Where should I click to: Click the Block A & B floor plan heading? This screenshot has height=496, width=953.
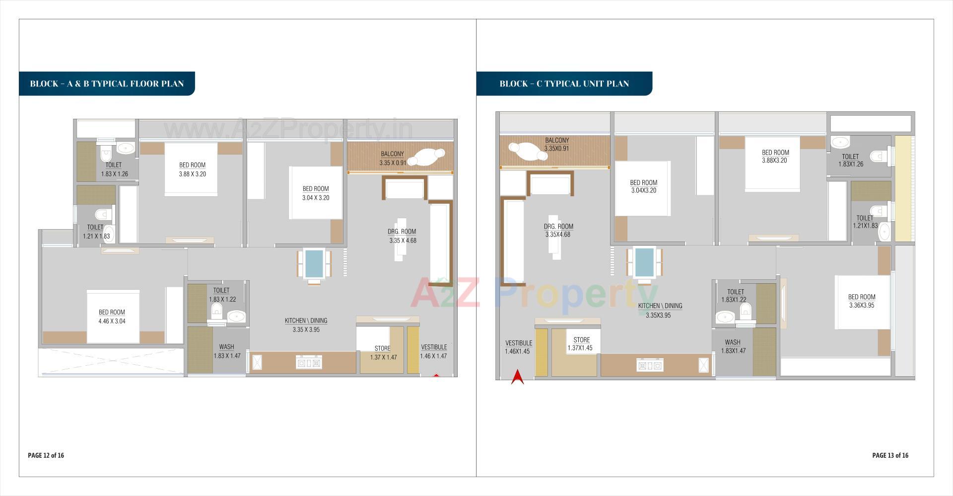point(107,83)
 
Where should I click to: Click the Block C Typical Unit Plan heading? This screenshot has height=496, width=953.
point(564,83)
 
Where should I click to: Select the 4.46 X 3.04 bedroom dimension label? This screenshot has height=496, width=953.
point(112,321)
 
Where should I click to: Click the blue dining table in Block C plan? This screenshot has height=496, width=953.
point(644,262)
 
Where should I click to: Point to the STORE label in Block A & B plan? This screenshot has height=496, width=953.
point(382,348)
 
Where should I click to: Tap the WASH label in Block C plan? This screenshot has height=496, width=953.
point(732,342)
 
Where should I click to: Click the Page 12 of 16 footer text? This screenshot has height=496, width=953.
point(46,455)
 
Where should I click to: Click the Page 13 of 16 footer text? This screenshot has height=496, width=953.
point(890,455)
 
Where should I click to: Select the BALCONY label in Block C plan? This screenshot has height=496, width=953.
point(557,141)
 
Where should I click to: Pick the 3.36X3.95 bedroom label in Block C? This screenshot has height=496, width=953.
point(862,305)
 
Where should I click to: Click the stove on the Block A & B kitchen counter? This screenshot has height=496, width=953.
point(309,363)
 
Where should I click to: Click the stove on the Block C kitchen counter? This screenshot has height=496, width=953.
point(650,366)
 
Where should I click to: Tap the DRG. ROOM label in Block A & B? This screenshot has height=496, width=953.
point(402,232)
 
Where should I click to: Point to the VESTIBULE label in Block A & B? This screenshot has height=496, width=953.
point(434,347)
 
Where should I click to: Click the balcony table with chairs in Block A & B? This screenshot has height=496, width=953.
point(427,158)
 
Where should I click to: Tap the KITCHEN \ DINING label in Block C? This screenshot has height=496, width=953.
point(660,306)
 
